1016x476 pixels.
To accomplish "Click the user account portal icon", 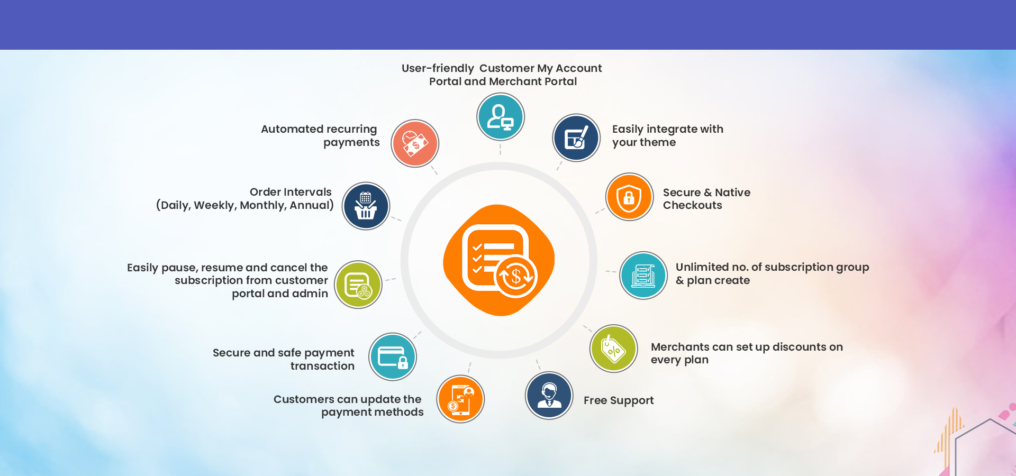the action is (x=501, y=117).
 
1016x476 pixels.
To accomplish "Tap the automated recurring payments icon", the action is (x=415, y=143).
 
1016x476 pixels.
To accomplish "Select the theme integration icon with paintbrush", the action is (x=576, y=138).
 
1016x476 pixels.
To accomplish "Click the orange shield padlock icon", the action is (x=629, y=197).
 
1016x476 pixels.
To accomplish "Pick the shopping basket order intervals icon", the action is (x=366, y=206).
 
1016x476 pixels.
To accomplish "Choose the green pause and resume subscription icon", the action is (x=358, y=285).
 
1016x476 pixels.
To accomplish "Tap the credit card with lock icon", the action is (x=393, y=357).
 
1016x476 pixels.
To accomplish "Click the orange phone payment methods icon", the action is (x=460, y=399).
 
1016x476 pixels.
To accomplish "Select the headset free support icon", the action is (x=549, y=396).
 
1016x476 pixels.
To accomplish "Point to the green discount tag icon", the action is (x=614, y=349).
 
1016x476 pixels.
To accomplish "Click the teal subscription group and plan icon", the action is (x=643, y=276).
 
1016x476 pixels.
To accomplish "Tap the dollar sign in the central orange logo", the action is (x=516, y=276).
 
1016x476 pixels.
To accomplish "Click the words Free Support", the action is (x=619, y=400).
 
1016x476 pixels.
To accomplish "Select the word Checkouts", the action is (x=693, y=205).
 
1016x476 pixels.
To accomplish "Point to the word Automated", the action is (x=293, y=129).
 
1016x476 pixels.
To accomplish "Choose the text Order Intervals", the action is (x=291, y=192).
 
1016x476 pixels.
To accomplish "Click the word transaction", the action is (x=322, y=366).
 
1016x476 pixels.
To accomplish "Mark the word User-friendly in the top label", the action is (x=438, y=68).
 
